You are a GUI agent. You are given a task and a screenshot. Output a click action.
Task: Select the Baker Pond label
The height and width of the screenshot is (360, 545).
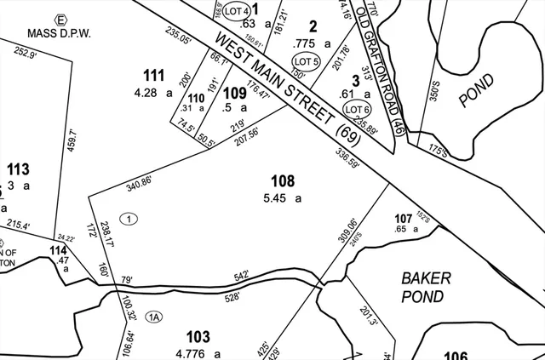(x=422, y=287)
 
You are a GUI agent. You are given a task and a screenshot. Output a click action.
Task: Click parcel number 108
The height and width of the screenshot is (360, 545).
(x=282, y=181)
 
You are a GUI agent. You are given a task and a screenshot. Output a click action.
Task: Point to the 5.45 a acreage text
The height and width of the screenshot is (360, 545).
(x=282, y=198)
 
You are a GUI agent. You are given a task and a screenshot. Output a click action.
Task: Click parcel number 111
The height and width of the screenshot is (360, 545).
(x=153, y=75)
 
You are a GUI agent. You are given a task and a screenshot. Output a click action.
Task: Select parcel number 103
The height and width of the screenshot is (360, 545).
(x=197, y=338)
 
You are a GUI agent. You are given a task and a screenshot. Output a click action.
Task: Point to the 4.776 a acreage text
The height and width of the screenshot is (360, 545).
(x=197, y=353)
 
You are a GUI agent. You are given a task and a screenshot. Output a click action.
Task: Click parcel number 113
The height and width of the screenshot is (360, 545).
(x=18, y=168)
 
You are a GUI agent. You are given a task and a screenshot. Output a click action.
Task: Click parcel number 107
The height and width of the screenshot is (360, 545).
(x=404, y=217)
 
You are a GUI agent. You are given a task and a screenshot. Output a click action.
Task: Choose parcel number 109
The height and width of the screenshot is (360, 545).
(x=234, y=92)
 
